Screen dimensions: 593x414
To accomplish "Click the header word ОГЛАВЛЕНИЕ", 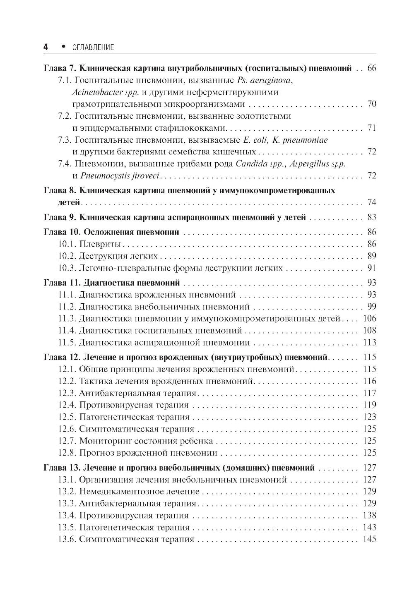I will coord(93,48).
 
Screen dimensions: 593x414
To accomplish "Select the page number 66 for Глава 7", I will coord(371,68).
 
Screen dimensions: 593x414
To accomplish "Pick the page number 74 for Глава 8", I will coord(371,203).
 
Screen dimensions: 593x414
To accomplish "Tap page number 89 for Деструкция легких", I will coord(371,256).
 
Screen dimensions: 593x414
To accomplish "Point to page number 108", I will coord(369,331).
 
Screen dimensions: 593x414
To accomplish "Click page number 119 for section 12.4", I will coord(369,405).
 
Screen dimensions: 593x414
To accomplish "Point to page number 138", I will coord(369,516).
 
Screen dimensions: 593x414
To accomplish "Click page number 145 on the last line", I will coord(369,540).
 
